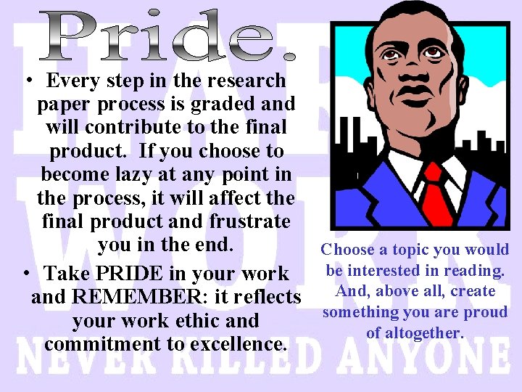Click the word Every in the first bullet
tap(79, 81)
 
